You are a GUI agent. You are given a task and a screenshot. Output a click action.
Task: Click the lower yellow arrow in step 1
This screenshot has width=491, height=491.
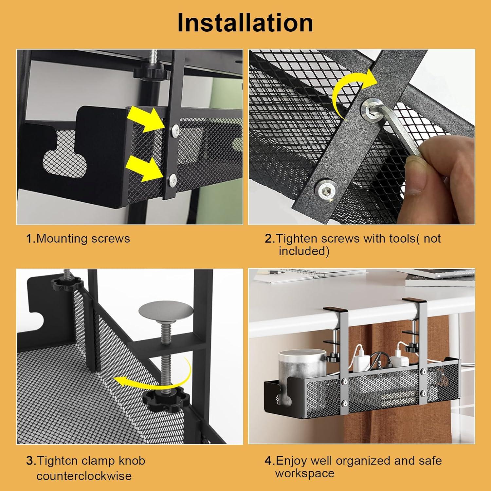pos(145,168)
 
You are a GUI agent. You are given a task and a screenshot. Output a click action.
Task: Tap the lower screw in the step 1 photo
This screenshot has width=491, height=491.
pos(173,179)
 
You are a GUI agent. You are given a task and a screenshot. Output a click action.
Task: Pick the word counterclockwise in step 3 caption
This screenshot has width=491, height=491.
pos(84,476)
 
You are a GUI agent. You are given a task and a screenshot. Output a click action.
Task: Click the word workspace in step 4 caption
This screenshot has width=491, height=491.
pos(305,473)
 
